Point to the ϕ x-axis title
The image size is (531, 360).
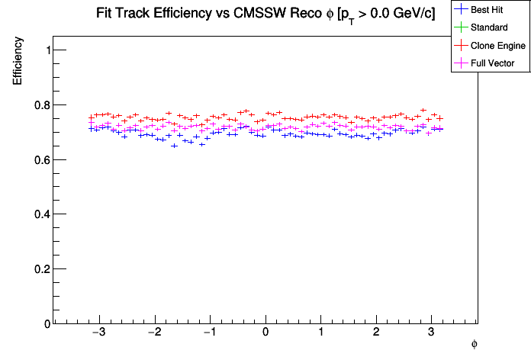point(474,344)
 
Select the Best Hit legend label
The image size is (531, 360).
point(488,10)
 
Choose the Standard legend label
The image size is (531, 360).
point(489,27)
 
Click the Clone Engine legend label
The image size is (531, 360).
point(498,46)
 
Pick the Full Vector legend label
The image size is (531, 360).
point(493,63)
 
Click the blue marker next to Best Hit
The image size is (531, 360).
point(461,10)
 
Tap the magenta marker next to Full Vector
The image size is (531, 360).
point(461,63)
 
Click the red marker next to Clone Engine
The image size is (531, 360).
point(461,46)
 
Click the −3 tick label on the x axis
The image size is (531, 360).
point(98,333)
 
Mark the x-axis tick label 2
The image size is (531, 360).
point(376,333)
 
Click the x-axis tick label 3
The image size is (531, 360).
point(431,333)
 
